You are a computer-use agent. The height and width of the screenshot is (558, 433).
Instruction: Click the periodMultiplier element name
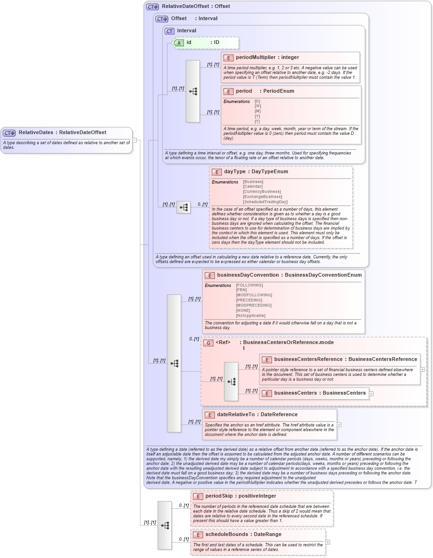click(256, 58)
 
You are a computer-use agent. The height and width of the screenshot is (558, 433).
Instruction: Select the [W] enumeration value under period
click(257, 106)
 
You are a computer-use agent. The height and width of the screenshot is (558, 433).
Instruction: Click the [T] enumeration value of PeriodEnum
click(257, 121)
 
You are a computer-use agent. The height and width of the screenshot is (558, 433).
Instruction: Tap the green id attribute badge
click(179, 43)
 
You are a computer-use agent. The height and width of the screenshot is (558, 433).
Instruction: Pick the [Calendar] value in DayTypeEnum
click(253, 186)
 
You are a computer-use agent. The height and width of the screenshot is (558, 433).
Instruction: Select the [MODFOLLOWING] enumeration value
click(254, 295)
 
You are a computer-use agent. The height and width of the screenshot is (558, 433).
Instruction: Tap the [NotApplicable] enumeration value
click(250, 316)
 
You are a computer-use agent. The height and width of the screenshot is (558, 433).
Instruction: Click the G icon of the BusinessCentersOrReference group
click(208, 343)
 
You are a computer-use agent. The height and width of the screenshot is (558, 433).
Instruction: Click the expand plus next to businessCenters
click(371, 393)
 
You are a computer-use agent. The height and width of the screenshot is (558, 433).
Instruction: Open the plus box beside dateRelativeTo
click(339, 425)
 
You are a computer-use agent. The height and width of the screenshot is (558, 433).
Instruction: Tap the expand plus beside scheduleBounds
click(328, 542)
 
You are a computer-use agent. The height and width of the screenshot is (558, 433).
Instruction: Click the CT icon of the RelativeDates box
click(9, 133)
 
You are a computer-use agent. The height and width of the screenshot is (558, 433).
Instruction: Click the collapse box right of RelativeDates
click(134, 139)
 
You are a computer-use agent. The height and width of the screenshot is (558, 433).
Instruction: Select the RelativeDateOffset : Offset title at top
click(196, 7)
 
